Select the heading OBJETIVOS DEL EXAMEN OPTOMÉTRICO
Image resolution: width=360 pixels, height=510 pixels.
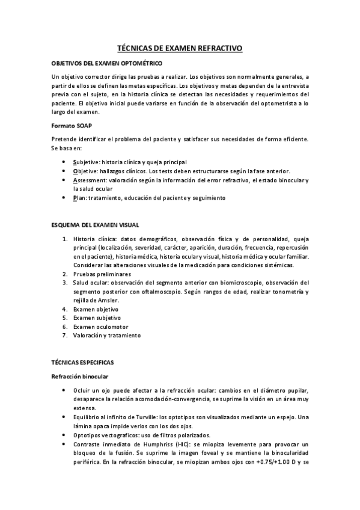click(x=106, y=63)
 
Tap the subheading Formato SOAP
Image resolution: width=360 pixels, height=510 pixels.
click(x=72, y=126)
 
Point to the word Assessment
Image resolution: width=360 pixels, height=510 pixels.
click(x=89, y=180)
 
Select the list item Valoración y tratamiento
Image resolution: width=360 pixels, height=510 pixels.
click(x=106, y=335)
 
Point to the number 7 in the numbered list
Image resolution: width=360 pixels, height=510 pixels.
click(x=64, y=335)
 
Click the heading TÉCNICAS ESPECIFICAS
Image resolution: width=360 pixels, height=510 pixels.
click(x=87, y=363)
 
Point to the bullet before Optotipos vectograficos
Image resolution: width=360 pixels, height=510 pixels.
click(x=65, y=434)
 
